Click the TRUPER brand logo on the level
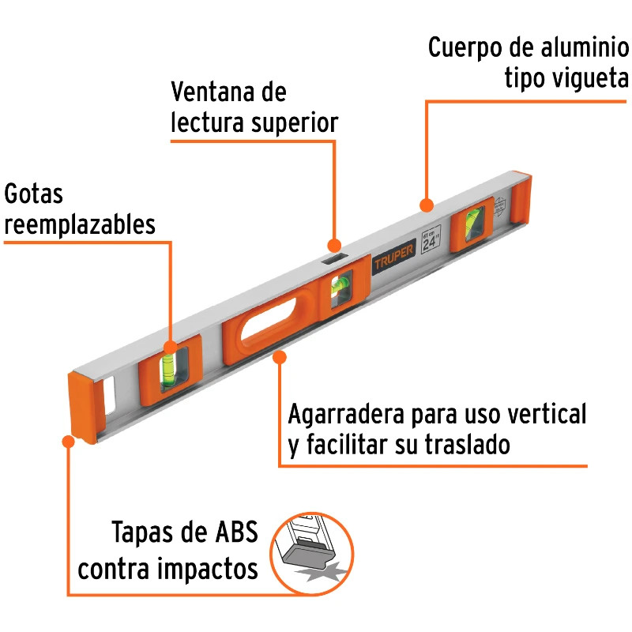(393, 258)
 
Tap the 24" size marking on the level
(431, 240)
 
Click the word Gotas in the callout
(33, 194)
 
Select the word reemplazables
(80, 224)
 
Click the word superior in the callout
(294, 123)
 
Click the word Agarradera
(346, 414)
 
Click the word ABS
(236, 532)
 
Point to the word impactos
(208, 569)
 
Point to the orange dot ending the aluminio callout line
(427, 205)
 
